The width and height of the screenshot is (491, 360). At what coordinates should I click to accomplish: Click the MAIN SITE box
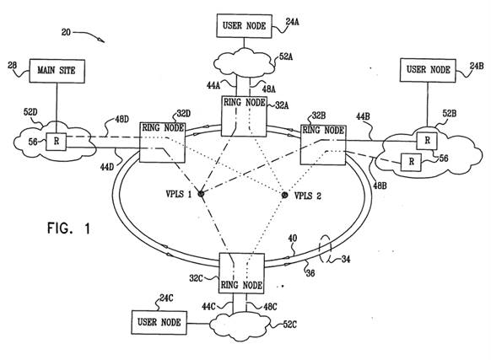(57, 71)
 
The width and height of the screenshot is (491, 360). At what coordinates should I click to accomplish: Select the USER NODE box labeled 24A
(245, 26)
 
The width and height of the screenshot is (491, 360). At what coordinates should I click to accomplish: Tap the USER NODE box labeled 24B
(428, 70)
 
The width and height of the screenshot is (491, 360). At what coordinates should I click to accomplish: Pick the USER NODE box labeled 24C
(159, 322)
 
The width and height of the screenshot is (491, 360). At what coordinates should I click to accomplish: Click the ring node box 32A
(244, 116)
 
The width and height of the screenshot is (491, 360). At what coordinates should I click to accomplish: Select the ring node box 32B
(323, 144)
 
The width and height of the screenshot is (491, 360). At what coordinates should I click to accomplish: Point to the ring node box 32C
(241, 273)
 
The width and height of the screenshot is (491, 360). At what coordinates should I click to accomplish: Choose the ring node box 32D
(162, 142)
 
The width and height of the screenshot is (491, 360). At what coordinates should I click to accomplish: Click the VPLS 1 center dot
(201, 194)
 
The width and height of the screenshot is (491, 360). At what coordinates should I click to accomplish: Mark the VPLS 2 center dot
(284, 196)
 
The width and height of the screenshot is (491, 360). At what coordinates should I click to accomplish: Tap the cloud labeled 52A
(245, 62)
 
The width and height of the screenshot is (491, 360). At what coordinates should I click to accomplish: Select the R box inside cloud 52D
(57, 142)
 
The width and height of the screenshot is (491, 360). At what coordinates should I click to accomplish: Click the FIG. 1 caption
(69, 228)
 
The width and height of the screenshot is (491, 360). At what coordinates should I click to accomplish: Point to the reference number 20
(66, 32)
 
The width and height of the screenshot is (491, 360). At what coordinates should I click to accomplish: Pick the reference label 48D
(121, 119)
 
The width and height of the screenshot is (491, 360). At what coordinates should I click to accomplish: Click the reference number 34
(346, 259)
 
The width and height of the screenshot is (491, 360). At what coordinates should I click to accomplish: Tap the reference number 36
(310, 273)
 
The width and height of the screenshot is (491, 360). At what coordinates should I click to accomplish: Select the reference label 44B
(363, 116)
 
